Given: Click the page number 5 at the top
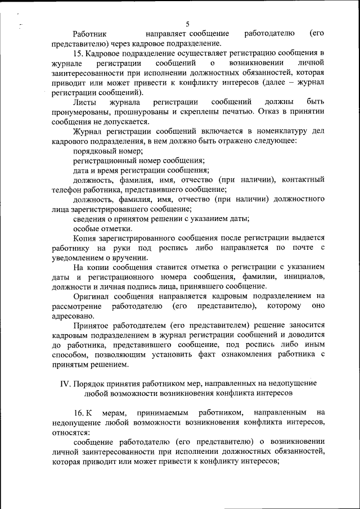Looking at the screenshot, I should [187, 24].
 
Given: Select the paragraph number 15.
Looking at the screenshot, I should [78, 53].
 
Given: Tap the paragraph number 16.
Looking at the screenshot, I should [80, 414].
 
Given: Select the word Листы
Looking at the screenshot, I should [85, 102].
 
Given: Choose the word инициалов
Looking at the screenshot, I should [304, 277].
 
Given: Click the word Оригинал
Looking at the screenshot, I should [91, 296].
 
